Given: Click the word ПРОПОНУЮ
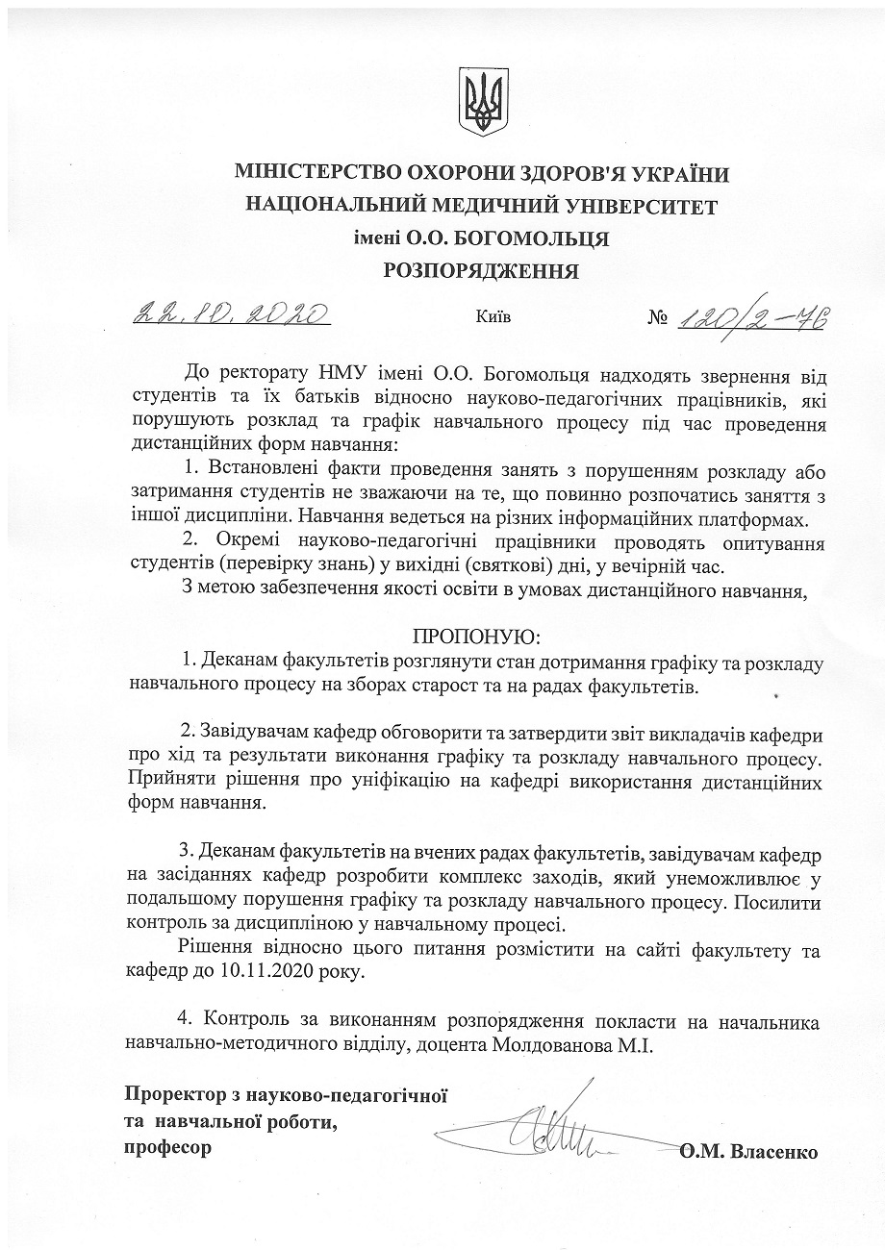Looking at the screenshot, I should [477, 637].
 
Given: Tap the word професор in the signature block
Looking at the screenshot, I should [166, 1147].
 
